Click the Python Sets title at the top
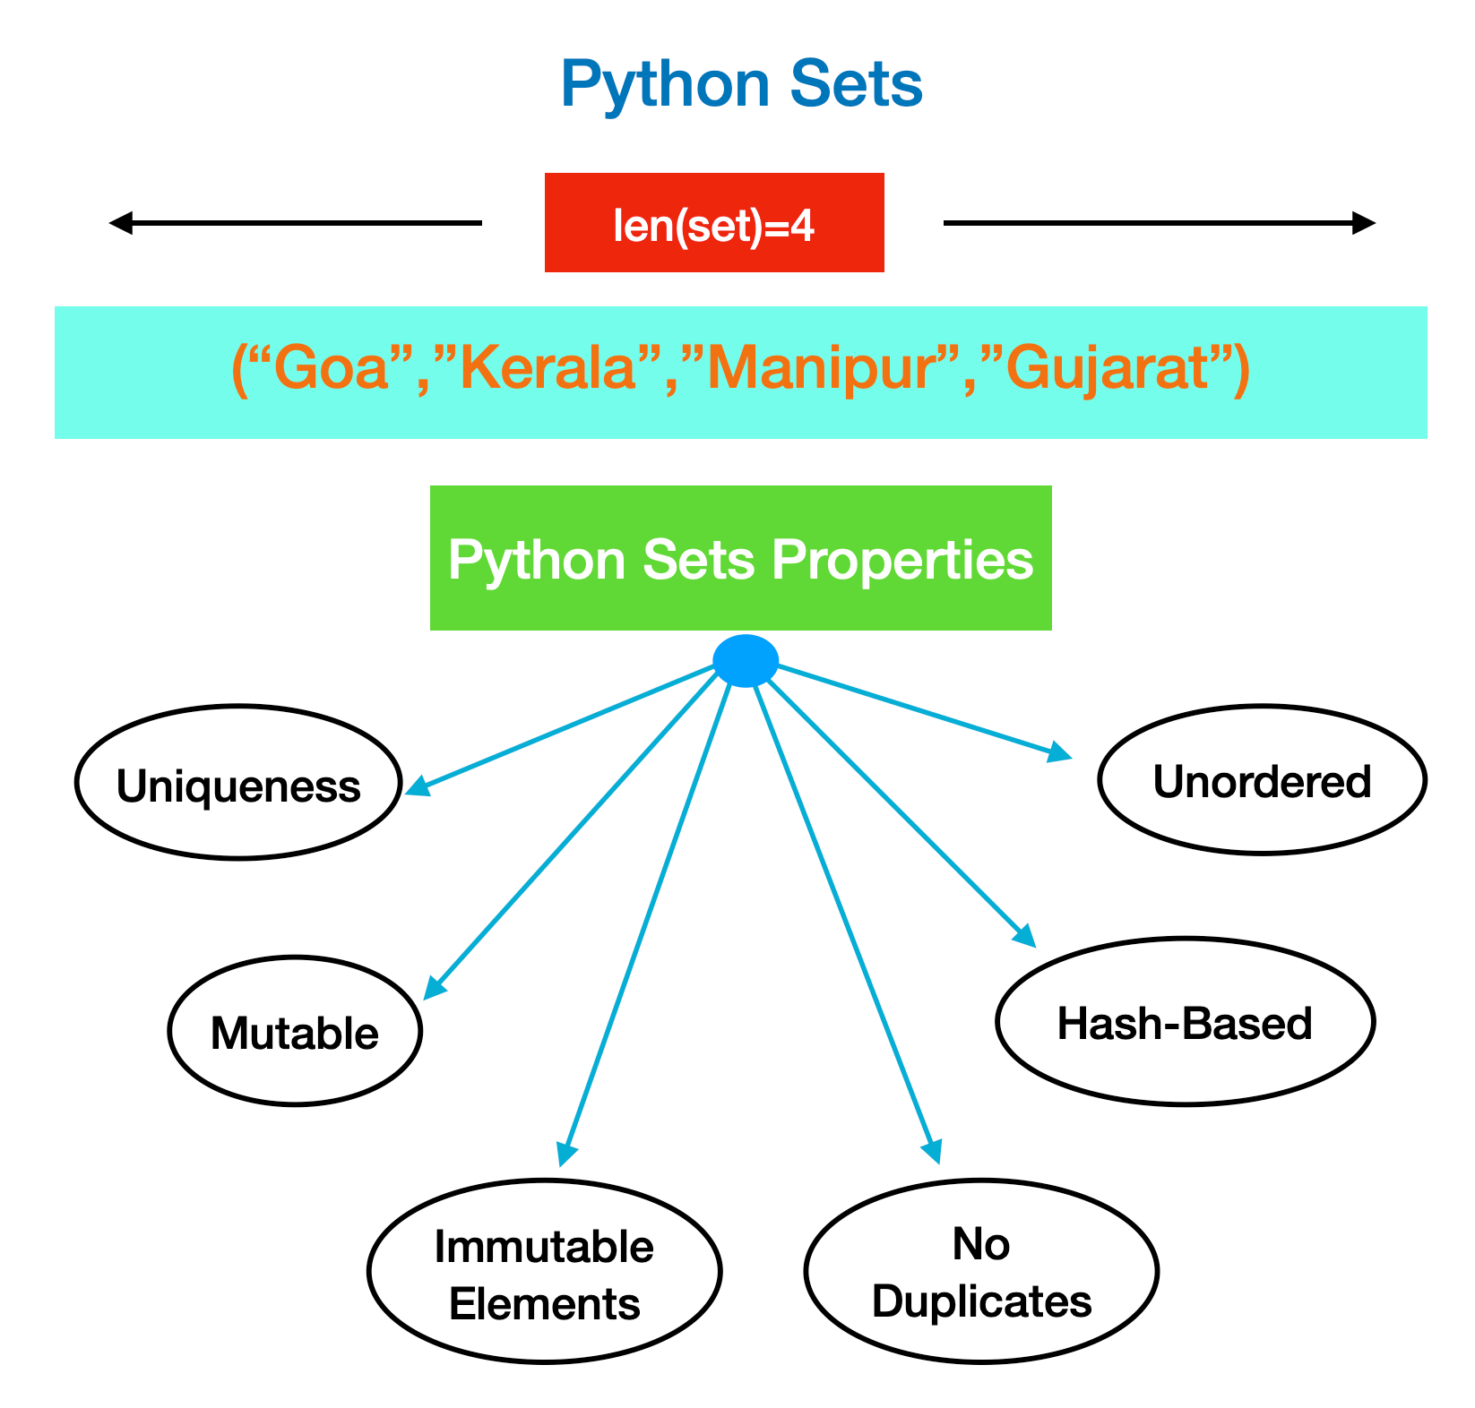coord(741,85)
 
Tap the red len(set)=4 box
coord(714,223)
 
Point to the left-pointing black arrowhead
coord(120,223)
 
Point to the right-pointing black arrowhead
coord(1364,223)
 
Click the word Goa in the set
coord(331,368)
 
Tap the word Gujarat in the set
coord(1108,368)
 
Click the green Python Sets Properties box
coord(740,558)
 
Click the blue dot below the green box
coord(746,661)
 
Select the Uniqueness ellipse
coord(238,783)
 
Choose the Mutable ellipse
coord(295,1031)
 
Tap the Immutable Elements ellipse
coord(545,1272)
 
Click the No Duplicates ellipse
coord(981,1271)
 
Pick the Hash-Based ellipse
coord(1185,1021)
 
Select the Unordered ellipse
coord(1262,780)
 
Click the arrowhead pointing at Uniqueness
coord(417,787)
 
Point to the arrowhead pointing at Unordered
coord(1061,752)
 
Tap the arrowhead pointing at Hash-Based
coord(1025,937)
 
